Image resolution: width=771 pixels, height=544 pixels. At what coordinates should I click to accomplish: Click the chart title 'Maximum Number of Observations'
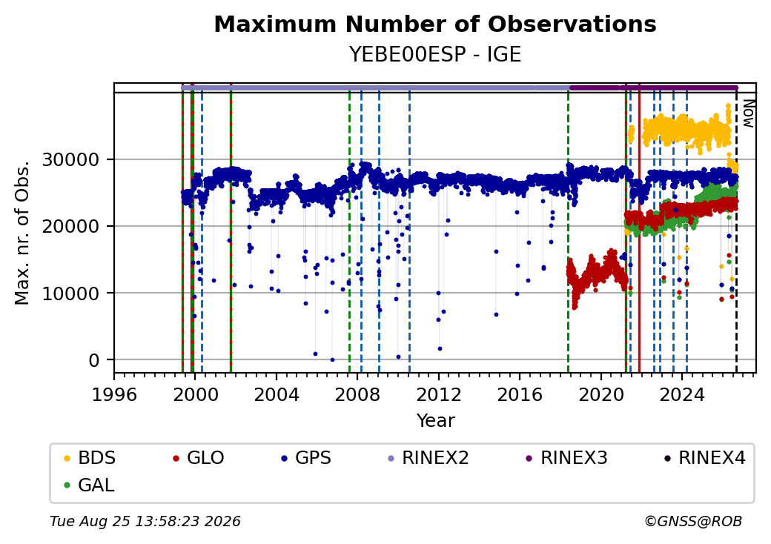(x=435, y=24)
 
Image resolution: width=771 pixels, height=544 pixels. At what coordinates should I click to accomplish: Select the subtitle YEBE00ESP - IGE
(x=435, y=54)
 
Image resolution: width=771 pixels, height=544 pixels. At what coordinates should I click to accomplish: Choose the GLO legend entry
(x=199, y=458)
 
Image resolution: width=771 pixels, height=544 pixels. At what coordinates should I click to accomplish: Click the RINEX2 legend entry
(x=428, y=458)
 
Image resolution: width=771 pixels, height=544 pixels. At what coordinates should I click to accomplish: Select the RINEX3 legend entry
(x=567, y=458)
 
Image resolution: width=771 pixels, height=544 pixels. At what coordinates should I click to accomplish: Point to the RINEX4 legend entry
(x=704, y=458)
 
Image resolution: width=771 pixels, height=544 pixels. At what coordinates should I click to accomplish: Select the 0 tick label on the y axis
(x=94, y=361)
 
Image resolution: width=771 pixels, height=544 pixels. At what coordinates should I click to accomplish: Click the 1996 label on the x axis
(x=114, y=394)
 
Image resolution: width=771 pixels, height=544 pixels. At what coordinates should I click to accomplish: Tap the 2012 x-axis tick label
(x=439, y=394)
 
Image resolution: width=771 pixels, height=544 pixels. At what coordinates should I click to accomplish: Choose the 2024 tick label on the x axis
(x=682, y=394)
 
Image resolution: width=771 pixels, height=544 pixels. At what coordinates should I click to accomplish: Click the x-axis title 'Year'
(x=436, y=421)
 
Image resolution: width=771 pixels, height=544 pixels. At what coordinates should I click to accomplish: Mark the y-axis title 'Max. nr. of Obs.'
(x=22, y=233)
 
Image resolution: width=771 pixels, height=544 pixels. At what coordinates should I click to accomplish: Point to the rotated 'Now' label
(x=748, y=113)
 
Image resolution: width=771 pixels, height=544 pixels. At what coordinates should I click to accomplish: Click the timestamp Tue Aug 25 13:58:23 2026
(x=145, y=521)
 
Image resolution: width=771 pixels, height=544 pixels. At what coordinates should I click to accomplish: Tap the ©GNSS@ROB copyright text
(x=693, y=521)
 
